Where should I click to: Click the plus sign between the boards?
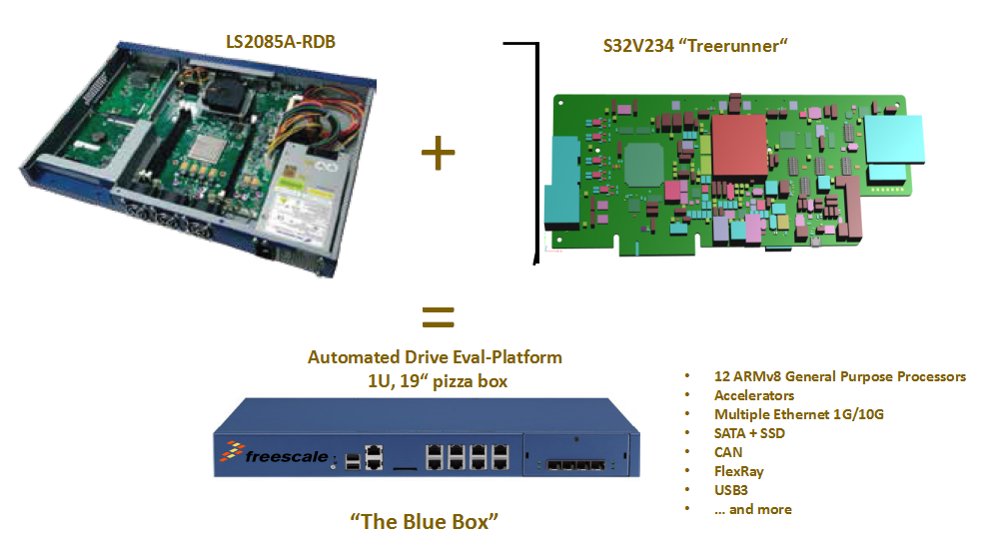438,153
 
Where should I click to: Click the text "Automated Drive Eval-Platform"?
435,356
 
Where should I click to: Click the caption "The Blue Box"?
437,520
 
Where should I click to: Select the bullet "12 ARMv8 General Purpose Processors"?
839,376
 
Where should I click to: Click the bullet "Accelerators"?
754,395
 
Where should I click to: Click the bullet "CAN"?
728,452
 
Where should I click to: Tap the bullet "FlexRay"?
740,471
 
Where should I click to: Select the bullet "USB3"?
732,490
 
